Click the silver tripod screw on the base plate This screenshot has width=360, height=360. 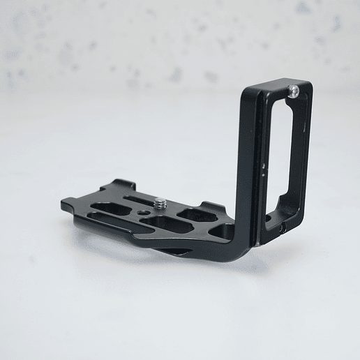(160, 204)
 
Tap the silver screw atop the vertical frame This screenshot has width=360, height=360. (295, 90)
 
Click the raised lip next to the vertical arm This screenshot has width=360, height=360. (213, 207)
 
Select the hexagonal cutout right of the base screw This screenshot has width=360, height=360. (193, 214)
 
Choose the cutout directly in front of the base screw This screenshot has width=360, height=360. (170, 225)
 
